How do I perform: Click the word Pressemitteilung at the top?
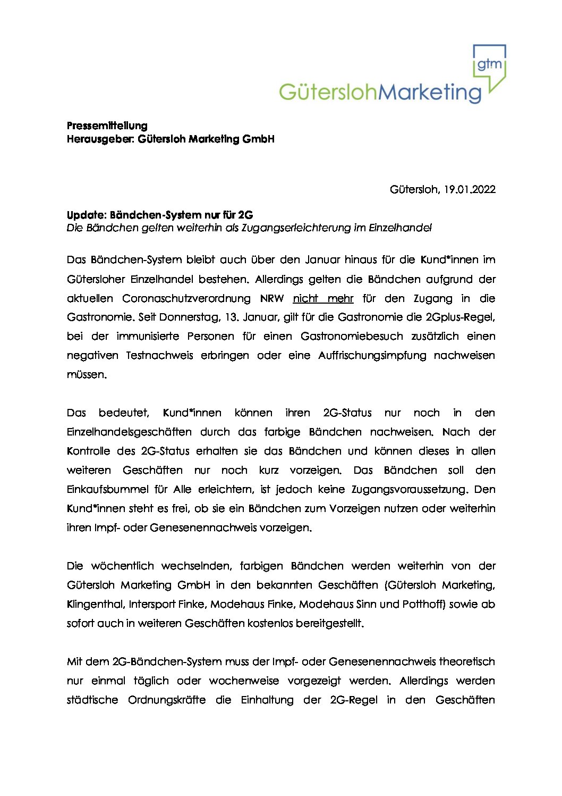pyautogui.click(x=107, y=125)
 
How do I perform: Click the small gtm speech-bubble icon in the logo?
pyautogui.click(x=489, y=65)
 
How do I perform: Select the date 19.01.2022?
pyautogui.click(x=470, y=189)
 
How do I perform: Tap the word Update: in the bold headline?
pyautogui.click(x=87, y=215)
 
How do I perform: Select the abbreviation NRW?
pyautogui.click(x=272, y=298)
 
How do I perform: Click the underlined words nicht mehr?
pyautogui.click(x=323, y=298)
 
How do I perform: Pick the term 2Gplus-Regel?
pyautogui.click(x=460, y=317)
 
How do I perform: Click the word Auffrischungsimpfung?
pyautogui.click(x=372, y=356)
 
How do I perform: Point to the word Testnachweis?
pyautogui.click(x=159, y=356)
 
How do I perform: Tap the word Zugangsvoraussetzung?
pyautogui.click(x=408, y=490)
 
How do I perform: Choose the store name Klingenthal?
pyautogui.click(x=95, y=605)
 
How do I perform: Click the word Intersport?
pyautogui.click(x=149, y=605)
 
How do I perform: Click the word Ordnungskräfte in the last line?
pyautogui.click(x=167, y=700)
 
